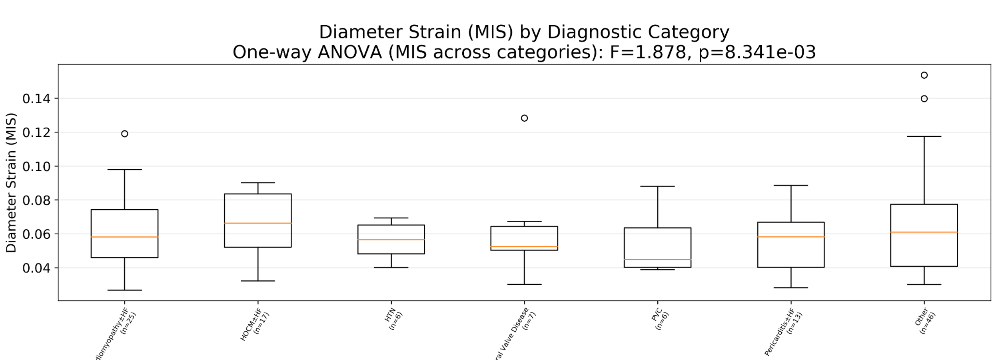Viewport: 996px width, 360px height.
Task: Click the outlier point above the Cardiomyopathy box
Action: click(124, 134)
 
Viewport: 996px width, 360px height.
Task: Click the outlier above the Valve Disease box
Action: click(524, 118)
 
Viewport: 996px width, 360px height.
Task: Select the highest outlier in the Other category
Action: click(924, 75)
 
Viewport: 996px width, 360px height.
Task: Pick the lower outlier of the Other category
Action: click(924, 99)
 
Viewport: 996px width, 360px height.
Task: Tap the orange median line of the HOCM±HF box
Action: click(258, 223)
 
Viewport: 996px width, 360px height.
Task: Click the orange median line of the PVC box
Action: click(658, 260)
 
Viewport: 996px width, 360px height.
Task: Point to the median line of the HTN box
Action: click(391, 240)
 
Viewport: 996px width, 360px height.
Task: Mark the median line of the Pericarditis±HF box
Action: click(791, 237)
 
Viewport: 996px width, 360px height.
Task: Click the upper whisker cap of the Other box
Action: click(924, 136)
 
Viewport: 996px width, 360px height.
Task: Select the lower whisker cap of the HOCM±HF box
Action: click(258, 281)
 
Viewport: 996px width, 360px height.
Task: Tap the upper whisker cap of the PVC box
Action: click(658, 186)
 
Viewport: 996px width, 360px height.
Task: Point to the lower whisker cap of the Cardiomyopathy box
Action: click(124, 290)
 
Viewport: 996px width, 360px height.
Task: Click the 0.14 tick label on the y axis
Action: click(36, 99)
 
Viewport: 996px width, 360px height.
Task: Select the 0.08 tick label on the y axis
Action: click(36, 200)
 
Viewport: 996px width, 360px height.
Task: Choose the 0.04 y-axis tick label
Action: click(36, 268)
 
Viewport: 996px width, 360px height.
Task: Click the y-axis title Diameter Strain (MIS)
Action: click(11, 183)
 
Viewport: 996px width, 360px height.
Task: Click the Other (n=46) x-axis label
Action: click(925, 321)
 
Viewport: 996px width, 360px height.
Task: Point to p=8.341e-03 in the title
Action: click(757, 52)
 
